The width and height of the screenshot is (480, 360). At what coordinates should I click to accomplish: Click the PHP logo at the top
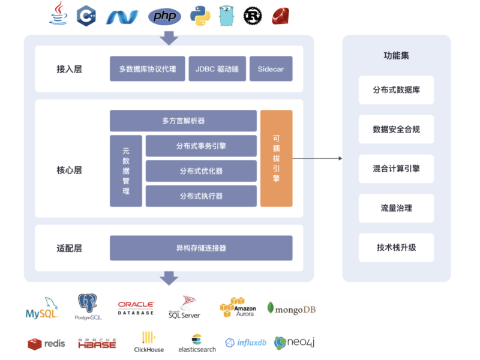point(164,16)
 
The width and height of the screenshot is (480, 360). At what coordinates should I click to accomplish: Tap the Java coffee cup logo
point(58,14)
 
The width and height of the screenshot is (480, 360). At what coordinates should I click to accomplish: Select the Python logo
point(200,16)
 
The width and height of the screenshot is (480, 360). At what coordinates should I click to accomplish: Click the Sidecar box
point(271,69)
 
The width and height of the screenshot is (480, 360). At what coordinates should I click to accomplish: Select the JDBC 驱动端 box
point(217,69)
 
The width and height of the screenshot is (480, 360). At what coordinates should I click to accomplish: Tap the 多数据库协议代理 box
point(147,69)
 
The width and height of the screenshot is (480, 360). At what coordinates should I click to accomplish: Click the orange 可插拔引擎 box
point(276,158)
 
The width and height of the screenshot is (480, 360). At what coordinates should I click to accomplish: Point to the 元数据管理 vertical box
point(126,170)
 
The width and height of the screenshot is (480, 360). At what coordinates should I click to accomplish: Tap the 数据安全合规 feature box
point(396,129)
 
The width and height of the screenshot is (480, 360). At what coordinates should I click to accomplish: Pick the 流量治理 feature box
point(396,208)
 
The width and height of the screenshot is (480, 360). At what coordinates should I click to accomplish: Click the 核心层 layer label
point(69,170)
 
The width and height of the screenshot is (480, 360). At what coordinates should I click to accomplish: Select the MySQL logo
point(41,308)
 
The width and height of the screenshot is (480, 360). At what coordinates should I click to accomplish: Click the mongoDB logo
point(291,309)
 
